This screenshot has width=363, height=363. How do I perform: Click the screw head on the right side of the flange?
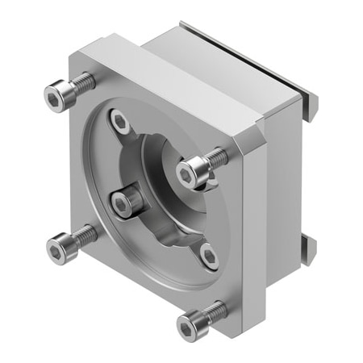pyautogui.click(x=188, y=172)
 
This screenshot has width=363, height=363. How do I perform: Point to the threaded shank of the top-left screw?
pyautogui.click(x=82, y=84)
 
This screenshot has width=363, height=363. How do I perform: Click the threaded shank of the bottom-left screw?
pyautogui.click(x=85, y=237)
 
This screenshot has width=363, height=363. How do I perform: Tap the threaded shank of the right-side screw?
pyautogui.click(x=215, y=157)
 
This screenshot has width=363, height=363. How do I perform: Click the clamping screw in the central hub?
pyautogui.click(x=123, y=203)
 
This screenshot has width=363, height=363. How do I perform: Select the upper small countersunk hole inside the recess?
pyautogui.click(x=120, y=123)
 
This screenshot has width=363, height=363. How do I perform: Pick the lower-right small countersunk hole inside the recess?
pyautogui.click(x=209, y=256)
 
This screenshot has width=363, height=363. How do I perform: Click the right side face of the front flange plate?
pyautogui.click(x=255, y=234)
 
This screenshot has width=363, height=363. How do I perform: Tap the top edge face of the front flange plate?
pyautogui.click(x=161, y=81)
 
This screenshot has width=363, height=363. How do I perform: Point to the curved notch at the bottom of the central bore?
pyautogui.click(x=173, y=242)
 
